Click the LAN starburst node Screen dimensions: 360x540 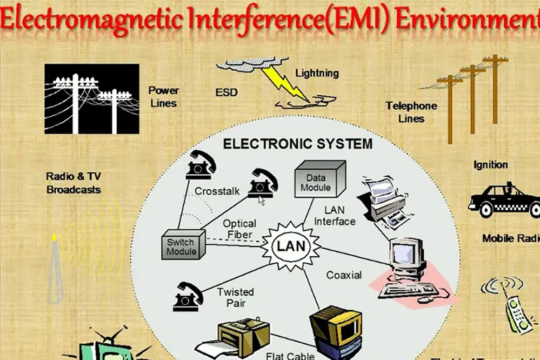[291, 246]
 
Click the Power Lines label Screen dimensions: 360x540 [164, 96]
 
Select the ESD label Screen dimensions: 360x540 [226, 92]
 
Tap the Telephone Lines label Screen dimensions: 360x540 [411, 112]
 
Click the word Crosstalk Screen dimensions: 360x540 [217, 191]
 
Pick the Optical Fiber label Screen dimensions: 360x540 [239, 229]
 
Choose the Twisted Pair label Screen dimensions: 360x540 [235, 297]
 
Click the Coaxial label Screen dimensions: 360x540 [344, 275]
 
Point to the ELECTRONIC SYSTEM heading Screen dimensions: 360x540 [298, 144]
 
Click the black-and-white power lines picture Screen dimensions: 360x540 [92, 98]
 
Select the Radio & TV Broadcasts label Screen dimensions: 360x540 [74, 183]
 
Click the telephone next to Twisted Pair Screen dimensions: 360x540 [188, 297]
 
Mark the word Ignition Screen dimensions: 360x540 [490, 164]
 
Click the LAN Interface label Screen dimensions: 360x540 [335, 215]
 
